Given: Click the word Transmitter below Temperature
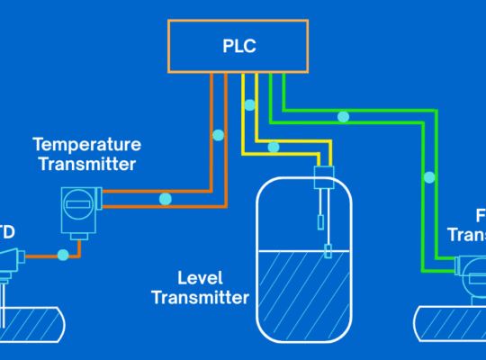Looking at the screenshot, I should [85, 164].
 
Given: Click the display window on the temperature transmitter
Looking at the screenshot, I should [78, 206].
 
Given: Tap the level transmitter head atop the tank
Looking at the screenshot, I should [324, 177].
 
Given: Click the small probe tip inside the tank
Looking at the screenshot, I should [328, 251].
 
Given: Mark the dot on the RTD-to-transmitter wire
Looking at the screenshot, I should [62, 256].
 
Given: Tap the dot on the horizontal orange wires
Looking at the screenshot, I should [165, 198].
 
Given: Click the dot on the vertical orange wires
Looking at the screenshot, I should [217, 136].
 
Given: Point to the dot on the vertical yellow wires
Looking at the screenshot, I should [250, 106].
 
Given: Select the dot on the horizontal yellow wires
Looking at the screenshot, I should [274, 147].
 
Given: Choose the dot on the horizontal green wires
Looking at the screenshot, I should [342, 117].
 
